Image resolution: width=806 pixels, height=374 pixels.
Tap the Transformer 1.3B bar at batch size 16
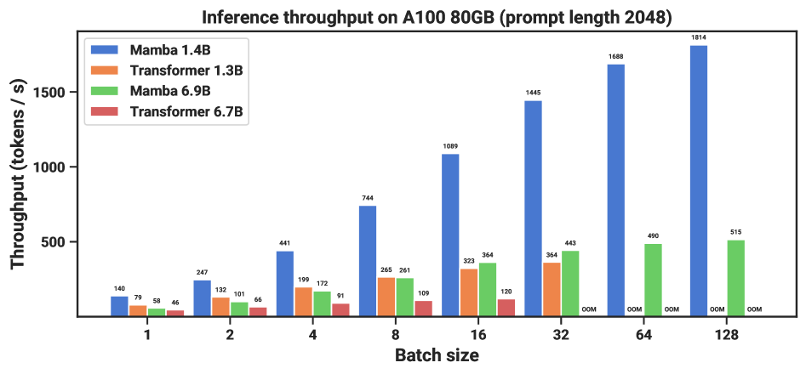pos(468,292)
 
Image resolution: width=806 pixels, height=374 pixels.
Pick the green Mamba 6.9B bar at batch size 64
pos(653,280)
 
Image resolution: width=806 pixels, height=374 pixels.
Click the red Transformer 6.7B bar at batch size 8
pos(423,308)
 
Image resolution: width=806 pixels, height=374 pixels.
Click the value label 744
pos(368,198)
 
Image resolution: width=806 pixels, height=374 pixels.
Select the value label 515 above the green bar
pos(736,232)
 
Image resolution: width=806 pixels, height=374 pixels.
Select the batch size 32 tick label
pos(560,335)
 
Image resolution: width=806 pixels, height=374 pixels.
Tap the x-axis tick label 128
pos(726,335)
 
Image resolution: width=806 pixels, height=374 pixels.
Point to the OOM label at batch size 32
pos(589,309)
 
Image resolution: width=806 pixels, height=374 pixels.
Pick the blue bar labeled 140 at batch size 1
pos(119,306)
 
